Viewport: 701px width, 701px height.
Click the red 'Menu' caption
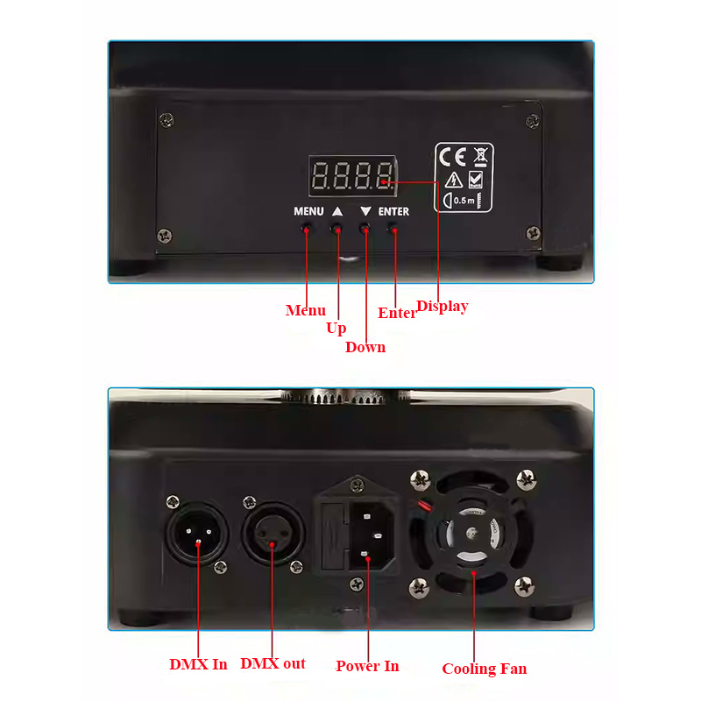(305, 310)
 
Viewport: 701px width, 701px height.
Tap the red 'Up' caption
(336, 329)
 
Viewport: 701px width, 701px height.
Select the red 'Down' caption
(365, 347)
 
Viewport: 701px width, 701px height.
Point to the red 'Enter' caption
(396, 313)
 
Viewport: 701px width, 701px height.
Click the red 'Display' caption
(443, 307)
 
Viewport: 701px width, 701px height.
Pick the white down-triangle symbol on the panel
(365, 211)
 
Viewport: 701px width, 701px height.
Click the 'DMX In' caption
(198, 664)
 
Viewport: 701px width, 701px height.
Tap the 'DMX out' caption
(273, 663)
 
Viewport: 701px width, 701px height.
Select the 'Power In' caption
(367, 666)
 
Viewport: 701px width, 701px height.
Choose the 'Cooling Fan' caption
(485, 669)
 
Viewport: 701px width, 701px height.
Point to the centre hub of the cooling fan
(471, 534)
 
